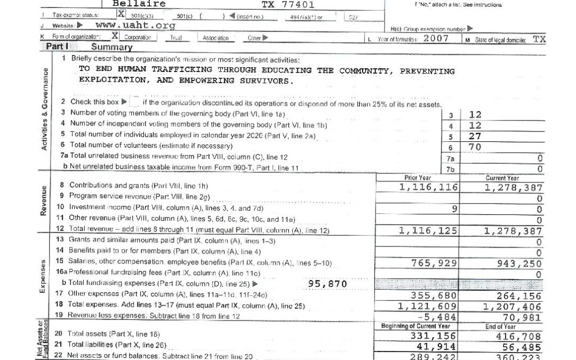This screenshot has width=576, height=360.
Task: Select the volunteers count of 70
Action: pyautogui.click(x=475, y=147)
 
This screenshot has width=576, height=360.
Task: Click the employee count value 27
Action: pyautogui.click(x=475, y=137)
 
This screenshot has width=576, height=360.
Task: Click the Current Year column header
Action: pyautogui.click(x=502, y=178)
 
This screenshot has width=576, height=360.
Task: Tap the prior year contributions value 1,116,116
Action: pyautogui.click(x=428, y=187)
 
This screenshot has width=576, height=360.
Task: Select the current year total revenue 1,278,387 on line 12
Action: pyautogui.click(x=514, y=231)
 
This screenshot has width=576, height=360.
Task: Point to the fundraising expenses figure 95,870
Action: pyautogui.click(x=328, y=284)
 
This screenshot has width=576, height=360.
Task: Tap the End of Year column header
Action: pyautogui.click(x=501, y=326)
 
